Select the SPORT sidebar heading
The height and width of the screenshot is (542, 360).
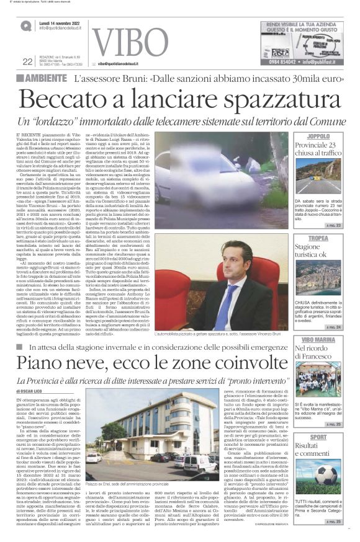coord(336,437)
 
